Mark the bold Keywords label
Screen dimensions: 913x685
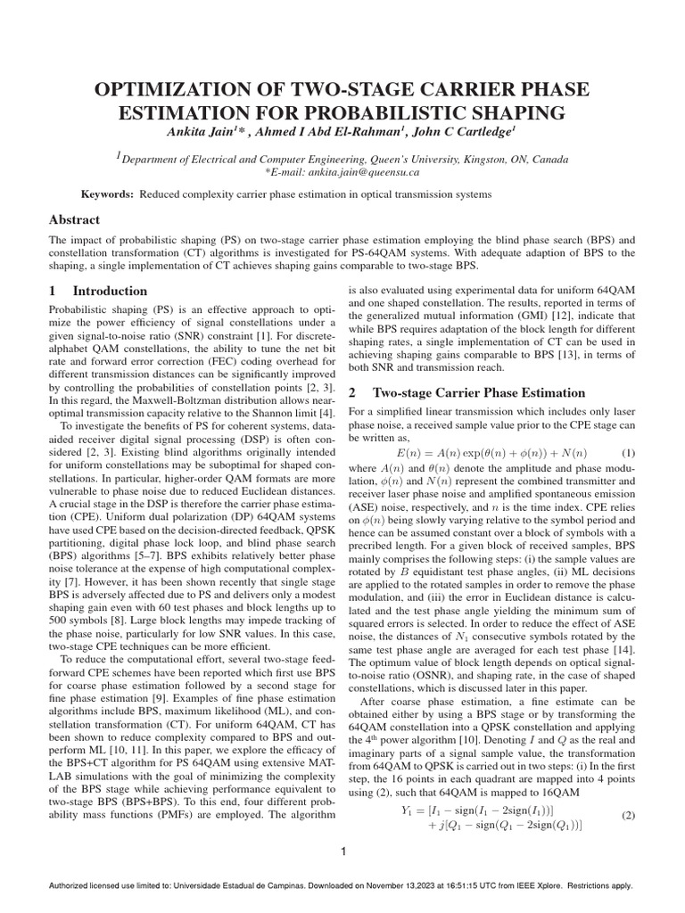(x=107, y=193)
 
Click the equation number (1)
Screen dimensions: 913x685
(x=628, y=451)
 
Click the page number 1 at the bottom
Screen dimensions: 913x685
(x=342, y=852)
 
